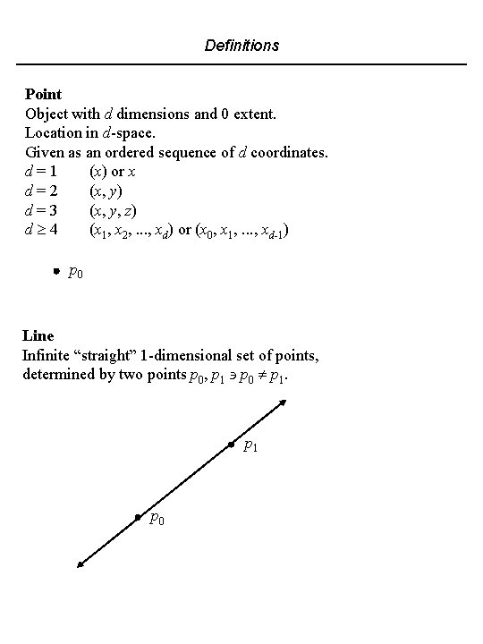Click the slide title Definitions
[241, 45]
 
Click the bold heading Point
[43, 94]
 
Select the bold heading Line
[38, 336]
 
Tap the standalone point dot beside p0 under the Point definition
[55, 269]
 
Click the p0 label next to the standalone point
[77, 272]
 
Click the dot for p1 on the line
[231, 445]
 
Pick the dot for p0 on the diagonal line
[137, 517]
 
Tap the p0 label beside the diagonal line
[157, 520]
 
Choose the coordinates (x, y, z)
[112, 211]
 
